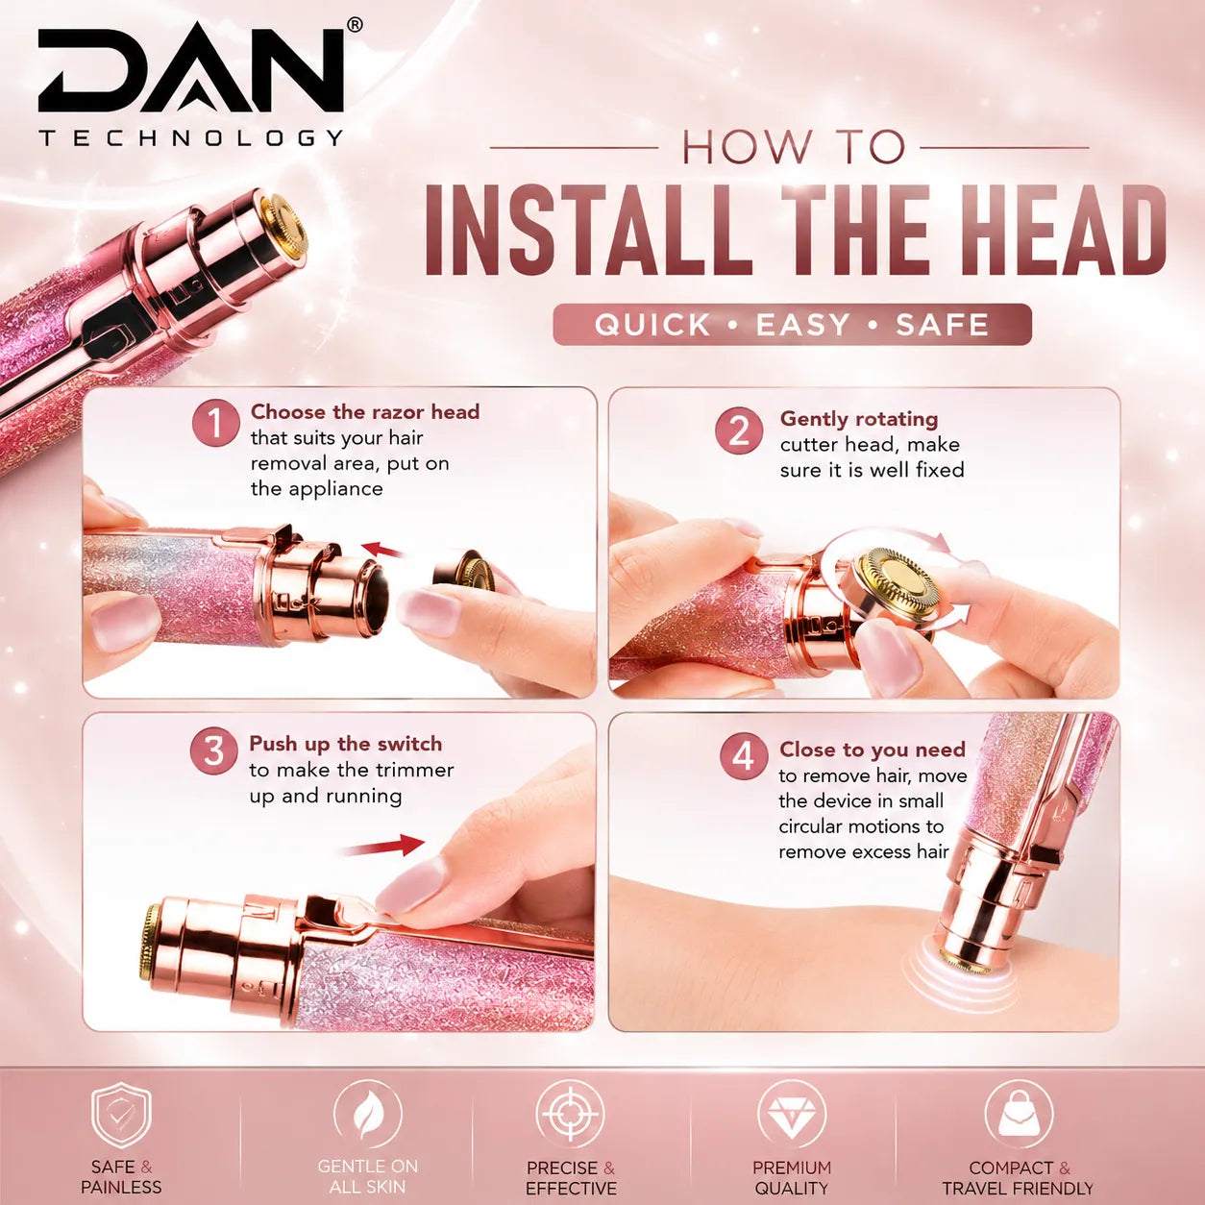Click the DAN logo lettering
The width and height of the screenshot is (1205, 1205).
(x=191, y=68)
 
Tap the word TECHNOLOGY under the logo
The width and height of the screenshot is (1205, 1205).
(x=191, y=137)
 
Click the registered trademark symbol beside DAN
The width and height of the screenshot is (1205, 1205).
(x=354, y=24)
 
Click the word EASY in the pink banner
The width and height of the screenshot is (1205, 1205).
(x=803, y=325)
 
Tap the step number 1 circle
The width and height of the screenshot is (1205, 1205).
(x=216, y=423)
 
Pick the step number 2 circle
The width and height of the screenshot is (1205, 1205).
(x=740, y=430)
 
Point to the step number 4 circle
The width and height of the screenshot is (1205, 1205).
(x=744, y=757)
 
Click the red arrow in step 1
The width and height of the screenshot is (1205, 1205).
(x=382, y=550)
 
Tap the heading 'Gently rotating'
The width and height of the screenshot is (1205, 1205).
(x=858, y=420)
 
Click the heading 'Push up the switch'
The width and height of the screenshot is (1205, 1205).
(x=345, y=744)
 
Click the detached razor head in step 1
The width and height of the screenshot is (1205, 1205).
(x=464, y=570)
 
